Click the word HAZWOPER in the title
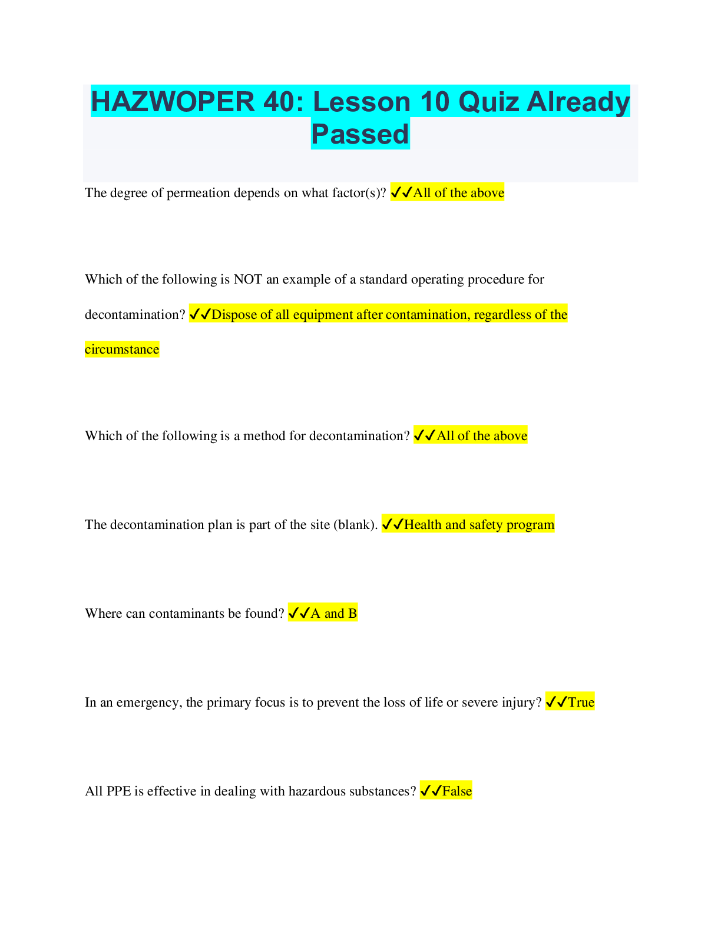172,102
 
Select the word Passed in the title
360,134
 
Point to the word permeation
198,193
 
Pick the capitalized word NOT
247,279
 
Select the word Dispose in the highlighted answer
234,315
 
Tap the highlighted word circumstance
122,349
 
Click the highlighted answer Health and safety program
479,525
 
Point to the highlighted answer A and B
333,614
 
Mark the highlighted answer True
581,703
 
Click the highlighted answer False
457,791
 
